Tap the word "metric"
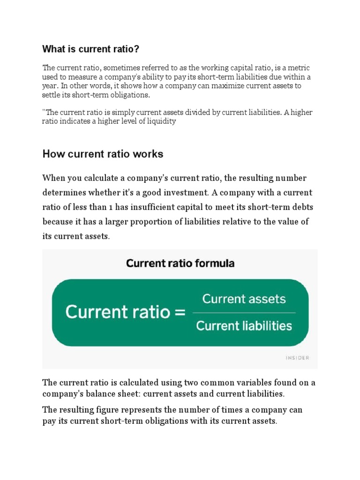(299, 68)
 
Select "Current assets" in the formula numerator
(244, 299)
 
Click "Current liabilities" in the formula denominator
(244, 325)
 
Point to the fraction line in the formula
(244, 313)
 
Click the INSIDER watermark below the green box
(298, 358)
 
